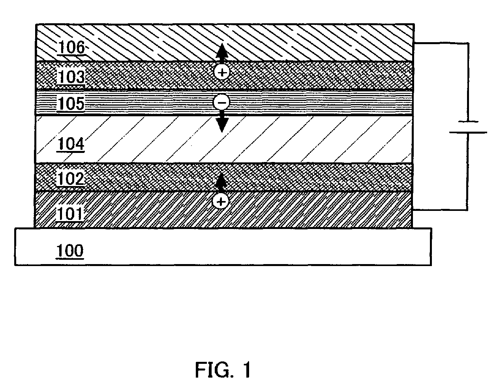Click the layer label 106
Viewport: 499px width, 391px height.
pos(71,48)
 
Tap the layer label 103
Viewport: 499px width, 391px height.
pos(71,77)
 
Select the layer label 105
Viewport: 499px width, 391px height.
pos(71,104)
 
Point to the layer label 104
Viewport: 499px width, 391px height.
pos(71,145)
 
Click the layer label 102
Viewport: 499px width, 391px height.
pos(71,179)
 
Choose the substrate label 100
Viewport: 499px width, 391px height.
pos(69,251)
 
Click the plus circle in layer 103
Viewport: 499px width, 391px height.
pos(222,72)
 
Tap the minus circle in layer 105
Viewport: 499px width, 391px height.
pos(221,103)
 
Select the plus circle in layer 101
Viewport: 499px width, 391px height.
pos(221,202)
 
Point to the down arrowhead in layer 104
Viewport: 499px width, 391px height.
pos(222,125)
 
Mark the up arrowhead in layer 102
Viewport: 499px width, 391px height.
pos(221,180)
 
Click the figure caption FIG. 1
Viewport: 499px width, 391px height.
pos(223,370)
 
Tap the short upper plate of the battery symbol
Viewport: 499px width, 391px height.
pos(468,122)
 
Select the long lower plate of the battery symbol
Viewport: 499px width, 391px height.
pos(468,133)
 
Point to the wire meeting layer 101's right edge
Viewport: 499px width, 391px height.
pos(440,209)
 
